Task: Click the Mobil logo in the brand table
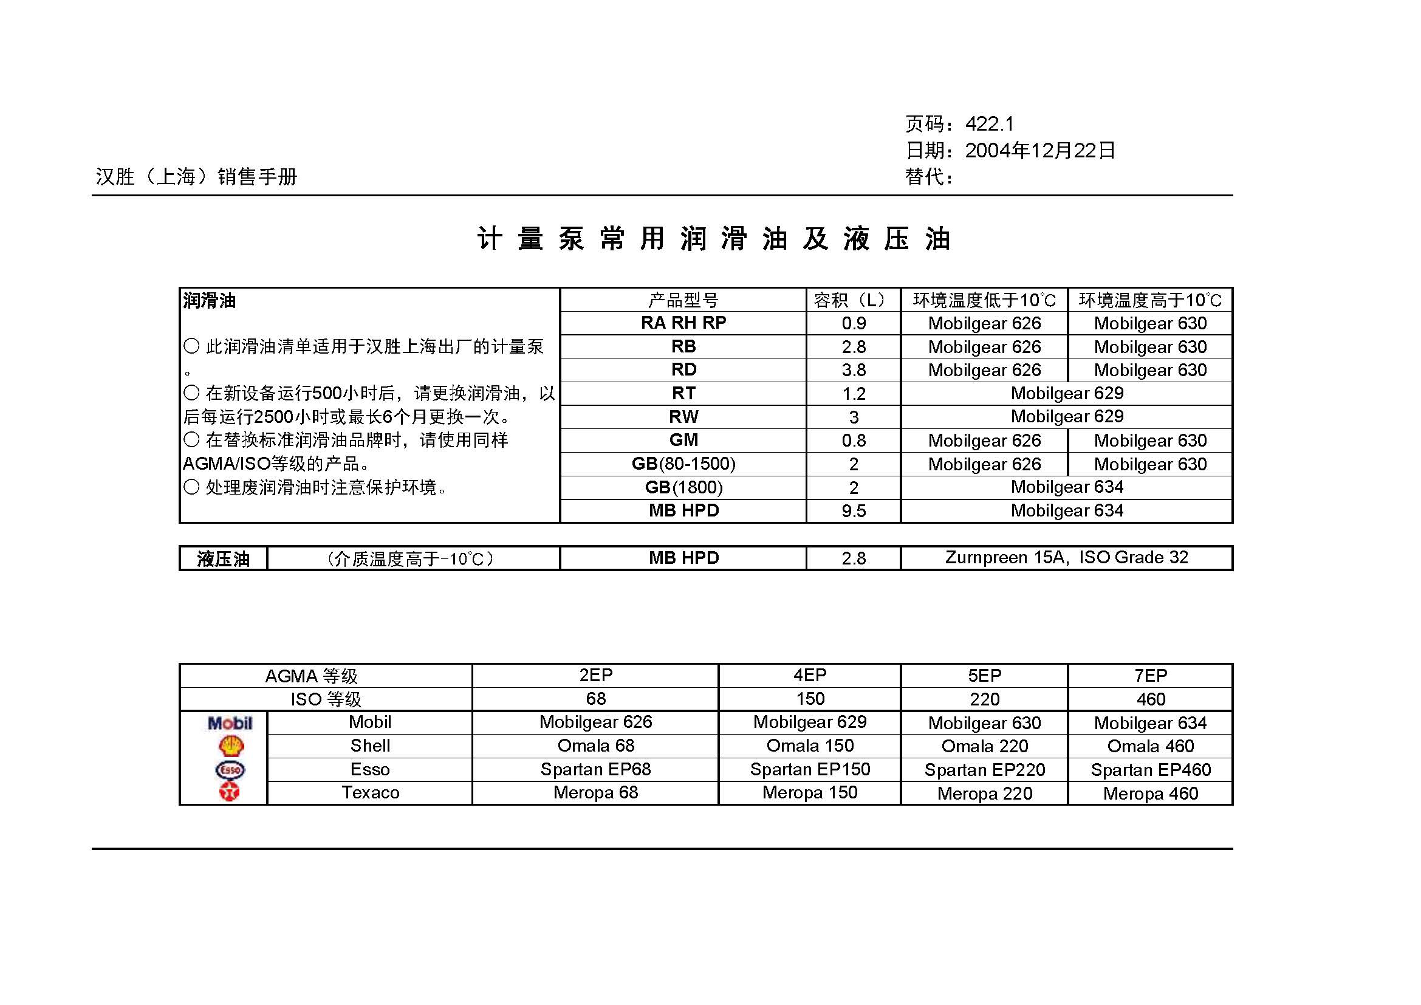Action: click(230, 723)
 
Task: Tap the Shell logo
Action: click(231, 746)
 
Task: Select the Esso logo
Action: click(230, 770)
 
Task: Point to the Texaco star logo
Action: click(230, 792)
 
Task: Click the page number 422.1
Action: click(990, 125)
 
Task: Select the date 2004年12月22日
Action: click(1039, 150)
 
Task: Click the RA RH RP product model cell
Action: click(683, 323)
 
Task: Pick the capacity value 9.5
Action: click(854, 511)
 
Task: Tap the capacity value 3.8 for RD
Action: click(854, 370)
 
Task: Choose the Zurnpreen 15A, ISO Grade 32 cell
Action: click(1066, 558)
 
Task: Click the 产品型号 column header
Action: click(683, 301)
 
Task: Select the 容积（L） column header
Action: click(853, 301)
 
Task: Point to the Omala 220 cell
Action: click(984, 746)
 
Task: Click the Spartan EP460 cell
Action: click(1151, 770)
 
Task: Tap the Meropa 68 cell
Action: click(595, 793)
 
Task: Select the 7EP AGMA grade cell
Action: click(1151, 676)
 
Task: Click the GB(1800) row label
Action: click(683, 488)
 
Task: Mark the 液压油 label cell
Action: click(224, 559)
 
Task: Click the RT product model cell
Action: click(683, 394)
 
